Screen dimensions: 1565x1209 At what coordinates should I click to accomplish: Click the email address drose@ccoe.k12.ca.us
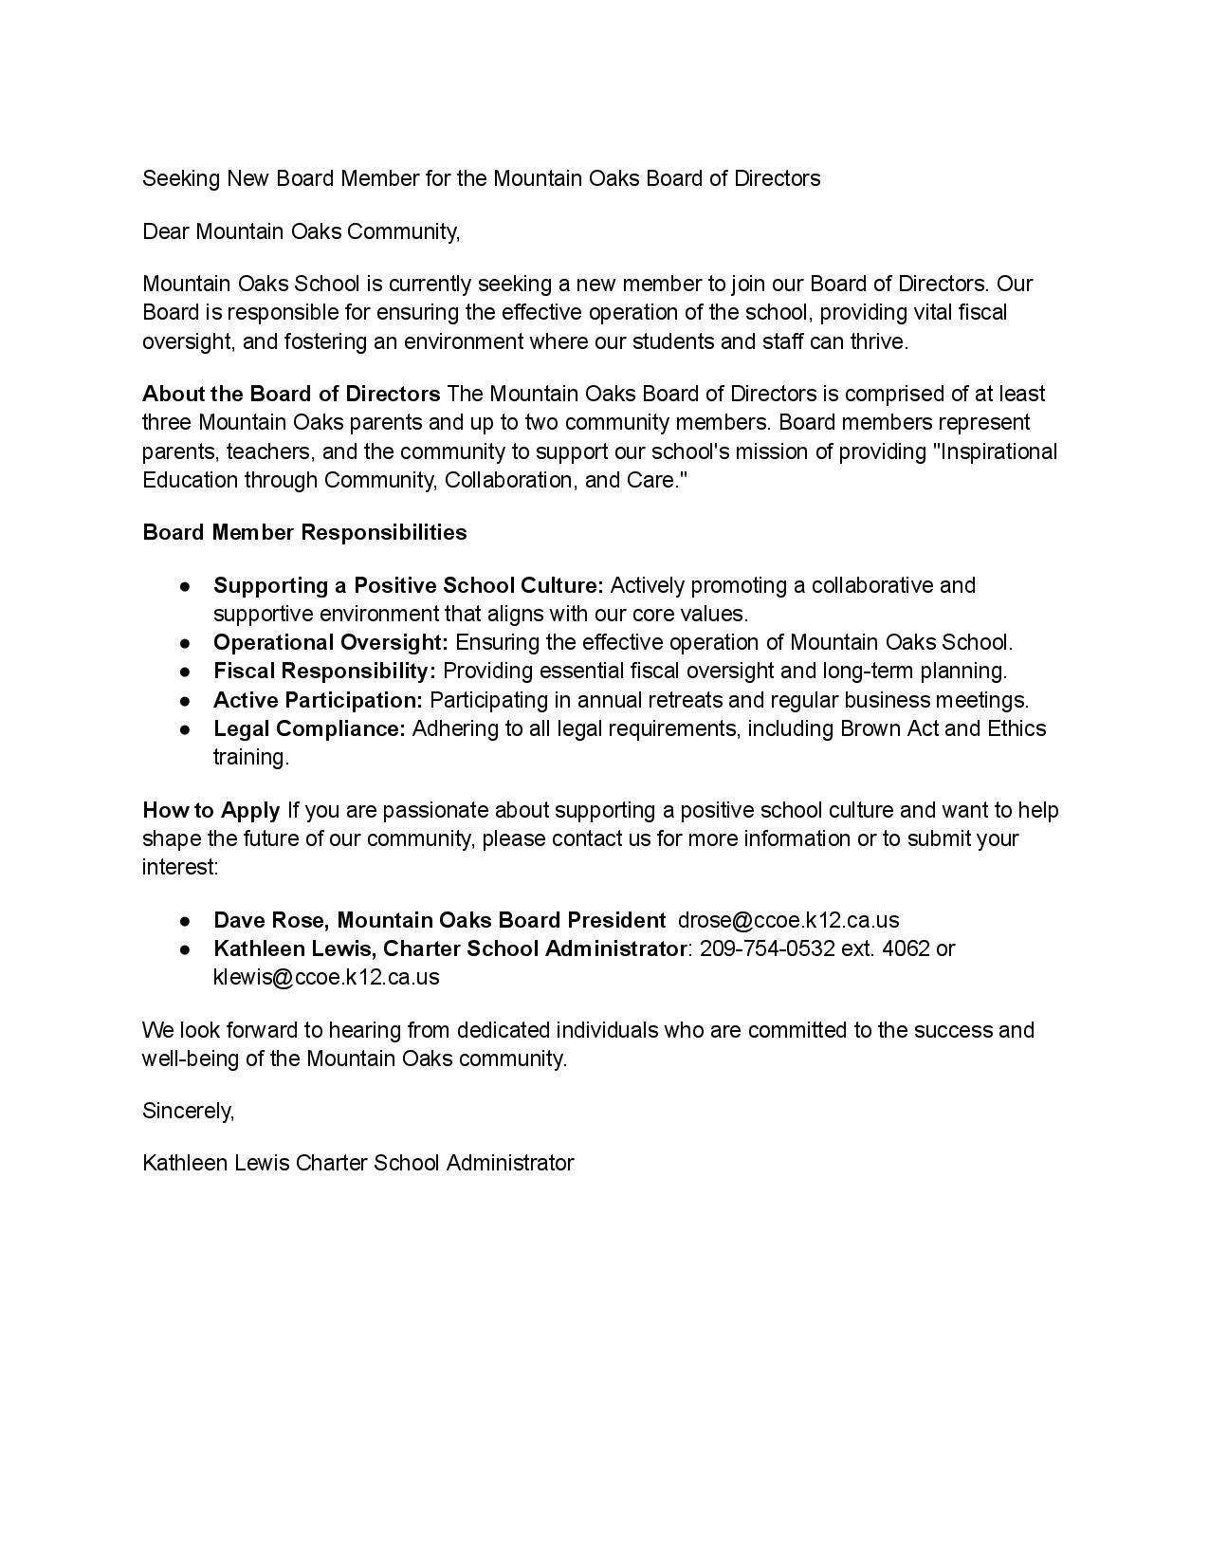tap(788, 920)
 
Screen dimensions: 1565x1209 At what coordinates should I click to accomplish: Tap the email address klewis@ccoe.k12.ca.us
tap(326, 977)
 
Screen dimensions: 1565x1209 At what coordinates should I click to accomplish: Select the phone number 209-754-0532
tap(767, 948)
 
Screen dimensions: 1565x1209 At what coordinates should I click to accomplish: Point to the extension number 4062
tap(906, 948)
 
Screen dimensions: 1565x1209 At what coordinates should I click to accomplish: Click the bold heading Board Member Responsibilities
tap(304, 532)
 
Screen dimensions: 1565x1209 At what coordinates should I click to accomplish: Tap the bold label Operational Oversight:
tap(331, 642)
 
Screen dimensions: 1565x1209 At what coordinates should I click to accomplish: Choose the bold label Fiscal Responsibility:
tap(324, 671)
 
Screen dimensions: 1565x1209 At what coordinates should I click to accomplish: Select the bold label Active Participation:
tap(318, 700)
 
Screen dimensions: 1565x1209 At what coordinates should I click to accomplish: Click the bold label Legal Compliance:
tap(309, 728)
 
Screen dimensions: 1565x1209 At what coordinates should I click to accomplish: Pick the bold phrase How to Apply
tap(211, 810)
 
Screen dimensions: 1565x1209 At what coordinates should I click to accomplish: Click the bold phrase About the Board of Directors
tap(291, 394)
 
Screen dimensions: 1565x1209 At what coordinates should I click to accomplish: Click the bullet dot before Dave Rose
tap(186, 921)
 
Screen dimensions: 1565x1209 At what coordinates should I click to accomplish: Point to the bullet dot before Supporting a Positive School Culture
tap(186, 586)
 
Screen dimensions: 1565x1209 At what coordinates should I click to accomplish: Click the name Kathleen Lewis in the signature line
tap(216, 1163)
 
